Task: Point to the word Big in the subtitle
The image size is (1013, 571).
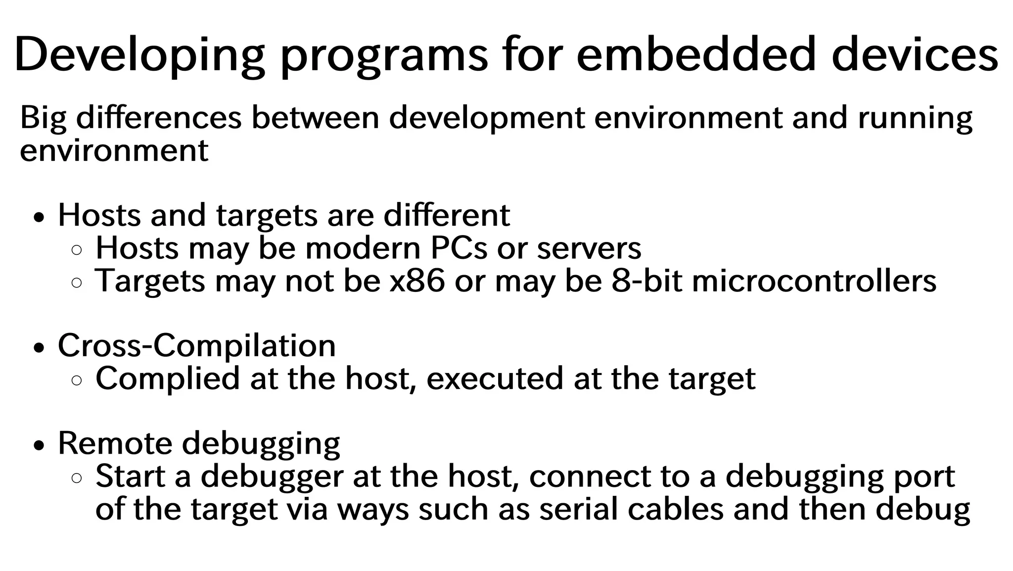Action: pos(43,119)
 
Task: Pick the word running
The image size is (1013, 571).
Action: pos(915,119)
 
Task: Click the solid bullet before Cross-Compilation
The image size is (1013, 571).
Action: pos(39,348)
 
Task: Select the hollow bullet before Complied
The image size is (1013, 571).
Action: pos(77,380)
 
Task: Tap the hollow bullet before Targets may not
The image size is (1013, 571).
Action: pos(77,283)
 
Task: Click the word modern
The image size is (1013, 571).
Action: pos(363,248)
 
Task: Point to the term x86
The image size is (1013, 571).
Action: pos(417,281)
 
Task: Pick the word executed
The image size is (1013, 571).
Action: pos(495,379)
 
